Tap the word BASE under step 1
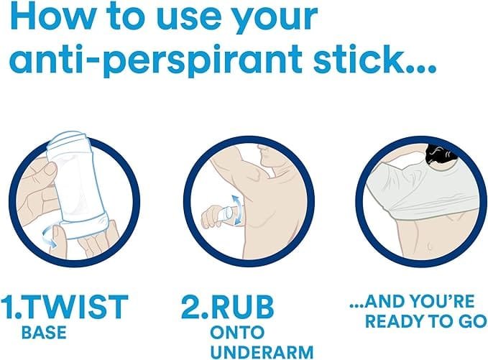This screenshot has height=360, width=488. pyautogui.click(x=44, y=332)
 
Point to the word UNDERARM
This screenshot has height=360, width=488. pyautogui.click(x=262, y=352)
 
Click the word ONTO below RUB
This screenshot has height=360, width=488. pyautogui.click(x=237, y=332)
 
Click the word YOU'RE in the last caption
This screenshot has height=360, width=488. pyautogui.click(x=442, y=301)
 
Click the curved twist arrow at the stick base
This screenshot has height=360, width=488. pyautogui.click(x=50, y=235)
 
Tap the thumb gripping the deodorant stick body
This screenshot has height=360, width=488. pyautogui.click(x=47, y=170)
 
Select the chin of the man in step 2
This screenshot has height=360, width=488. pyautogui.click(x=264, y=164)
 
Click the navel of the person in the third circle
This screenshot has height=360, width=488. pyautogui.click(x=430, y=246)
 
